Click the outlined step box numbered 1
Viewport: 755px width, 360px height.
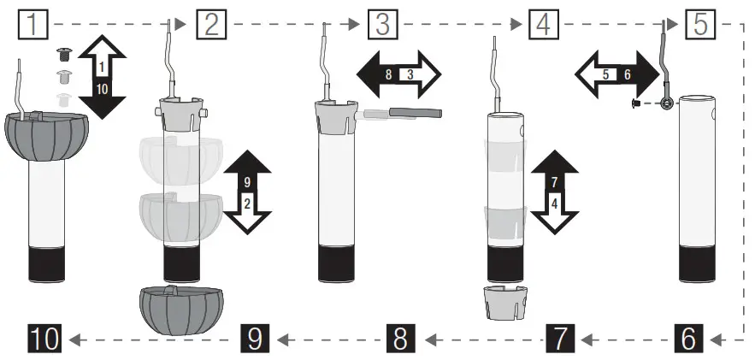coord(34,25)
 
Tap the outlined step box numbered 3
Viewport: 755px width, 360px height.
coord(383,25)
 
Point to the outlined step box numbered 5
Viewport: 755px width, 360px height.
coord(700,25)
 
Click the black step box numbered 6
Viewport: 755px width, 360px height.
coord(688,339)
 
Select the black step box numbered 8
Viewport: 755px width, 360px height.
coord(400,339)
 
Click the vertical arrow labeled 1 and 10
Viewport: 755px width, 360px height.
coord(101,78)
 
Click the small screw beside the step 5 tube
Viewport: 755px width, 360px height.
coord(637,103)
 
